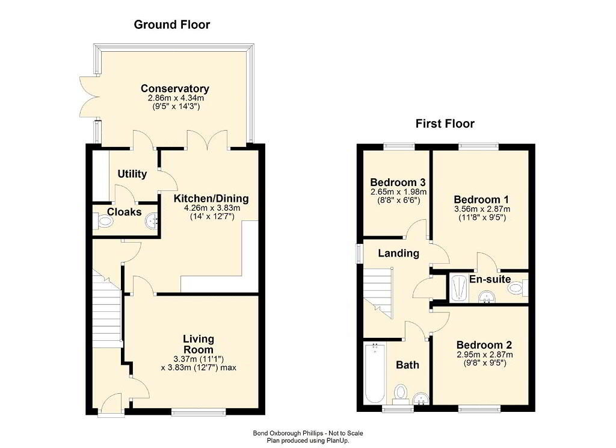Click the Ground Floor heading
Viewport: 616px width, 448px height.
pos(172,24)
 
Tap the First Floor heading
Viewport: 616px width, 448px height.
pos(445,123)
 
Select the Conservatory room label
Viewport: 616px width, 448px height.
pos(175,89)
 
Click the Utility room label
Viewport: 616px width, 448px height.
pos(132,174)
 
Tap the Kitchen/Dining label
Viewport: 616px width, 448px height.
pos(211,199)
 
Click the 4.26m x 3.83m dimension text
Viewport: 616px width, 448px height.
pos(212,208)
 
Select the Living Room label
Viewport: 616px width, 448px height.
pos(199,344)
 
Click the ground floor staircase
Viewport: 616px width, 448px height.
pos(106,311)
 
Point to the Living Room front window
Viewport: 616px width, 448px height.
pos(199,412)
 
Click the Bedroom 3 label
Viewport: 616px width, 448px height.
pos(398,182)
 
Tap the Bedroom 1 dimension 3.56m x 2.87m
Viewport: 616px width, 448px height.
pos(482,209)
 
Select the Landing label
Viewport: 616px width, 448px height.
pos(398,253)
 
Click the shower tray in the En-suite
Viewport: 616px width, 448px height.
pos(458,288)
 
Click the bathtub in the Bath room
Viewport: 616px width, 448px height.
pos(375,373)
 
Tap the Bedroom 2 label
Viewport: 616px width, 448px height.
pos(484,345)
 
